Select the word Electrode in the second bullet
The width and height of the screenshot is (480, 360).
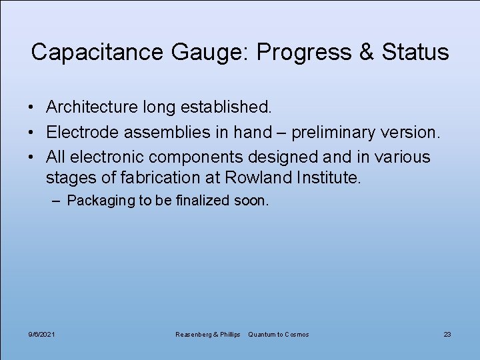tap(83, 132)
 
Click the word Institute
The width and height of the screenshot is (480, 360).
tap(326, 177)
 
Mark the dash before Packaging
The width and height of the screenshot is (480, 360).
tap(59, 201)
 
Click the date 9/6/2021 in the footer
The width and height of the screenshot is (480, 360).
tap(42, 334)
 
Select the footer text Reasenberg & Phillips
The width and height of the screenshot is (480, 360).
tap(207, 334)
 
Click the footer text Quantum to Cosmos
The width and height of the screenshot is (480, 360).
tap(279, 334)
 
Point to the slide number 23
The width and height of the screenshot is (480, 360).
tap(447, 334)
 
